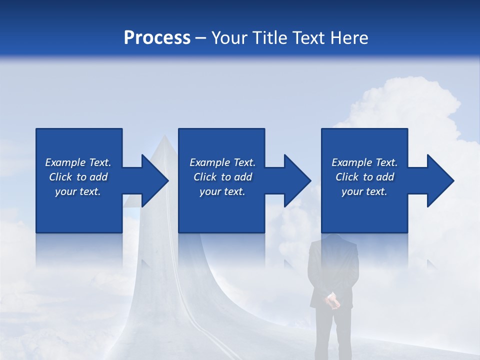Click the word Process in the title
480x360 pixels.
[x=157, y=38]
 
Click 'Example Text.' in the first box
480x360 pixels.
[x=78, y=162]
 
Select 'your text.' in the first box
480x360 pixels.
[x=78, y=191]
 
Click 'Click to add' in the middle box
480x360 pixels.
[x=222, y=177]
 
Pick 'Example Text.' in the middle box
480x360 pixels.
[x=222, y=162]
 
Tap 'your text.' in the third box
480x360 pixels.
[x=364, y=191]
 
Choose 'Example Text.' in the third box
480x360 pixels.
[x=364, y=162]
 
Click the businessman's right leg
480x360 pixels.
[x=341, y=335]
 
